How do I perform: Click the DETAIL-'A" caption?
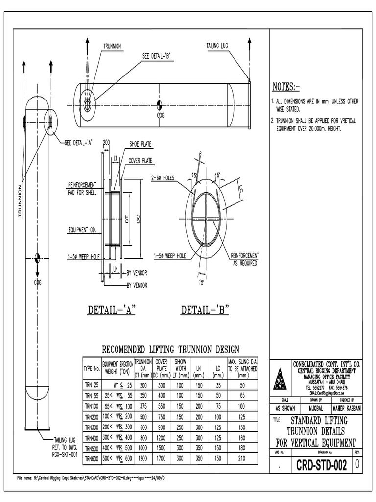tap(111, 310)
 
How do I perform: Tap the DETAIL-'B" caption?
tap(205, 310)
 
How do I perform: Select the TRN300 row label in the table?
tap(92, 427)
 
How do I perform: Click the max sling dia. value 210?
tap(241, 459)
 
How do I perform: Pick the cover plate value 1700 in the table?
tap(161, 459)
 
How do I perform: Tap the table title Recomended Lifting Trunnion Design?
tap(170, 350)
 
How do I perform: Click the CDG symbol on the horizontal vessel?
tap(160, 105)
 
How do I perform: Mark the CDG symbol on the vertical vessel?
tap(38, 258)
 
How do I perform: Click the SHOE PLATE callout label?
tap(140, 144)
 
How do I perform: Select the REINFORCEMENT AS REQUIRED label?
tap(245, 258)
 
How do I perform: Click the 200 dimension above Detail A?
tap(106, 142)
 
